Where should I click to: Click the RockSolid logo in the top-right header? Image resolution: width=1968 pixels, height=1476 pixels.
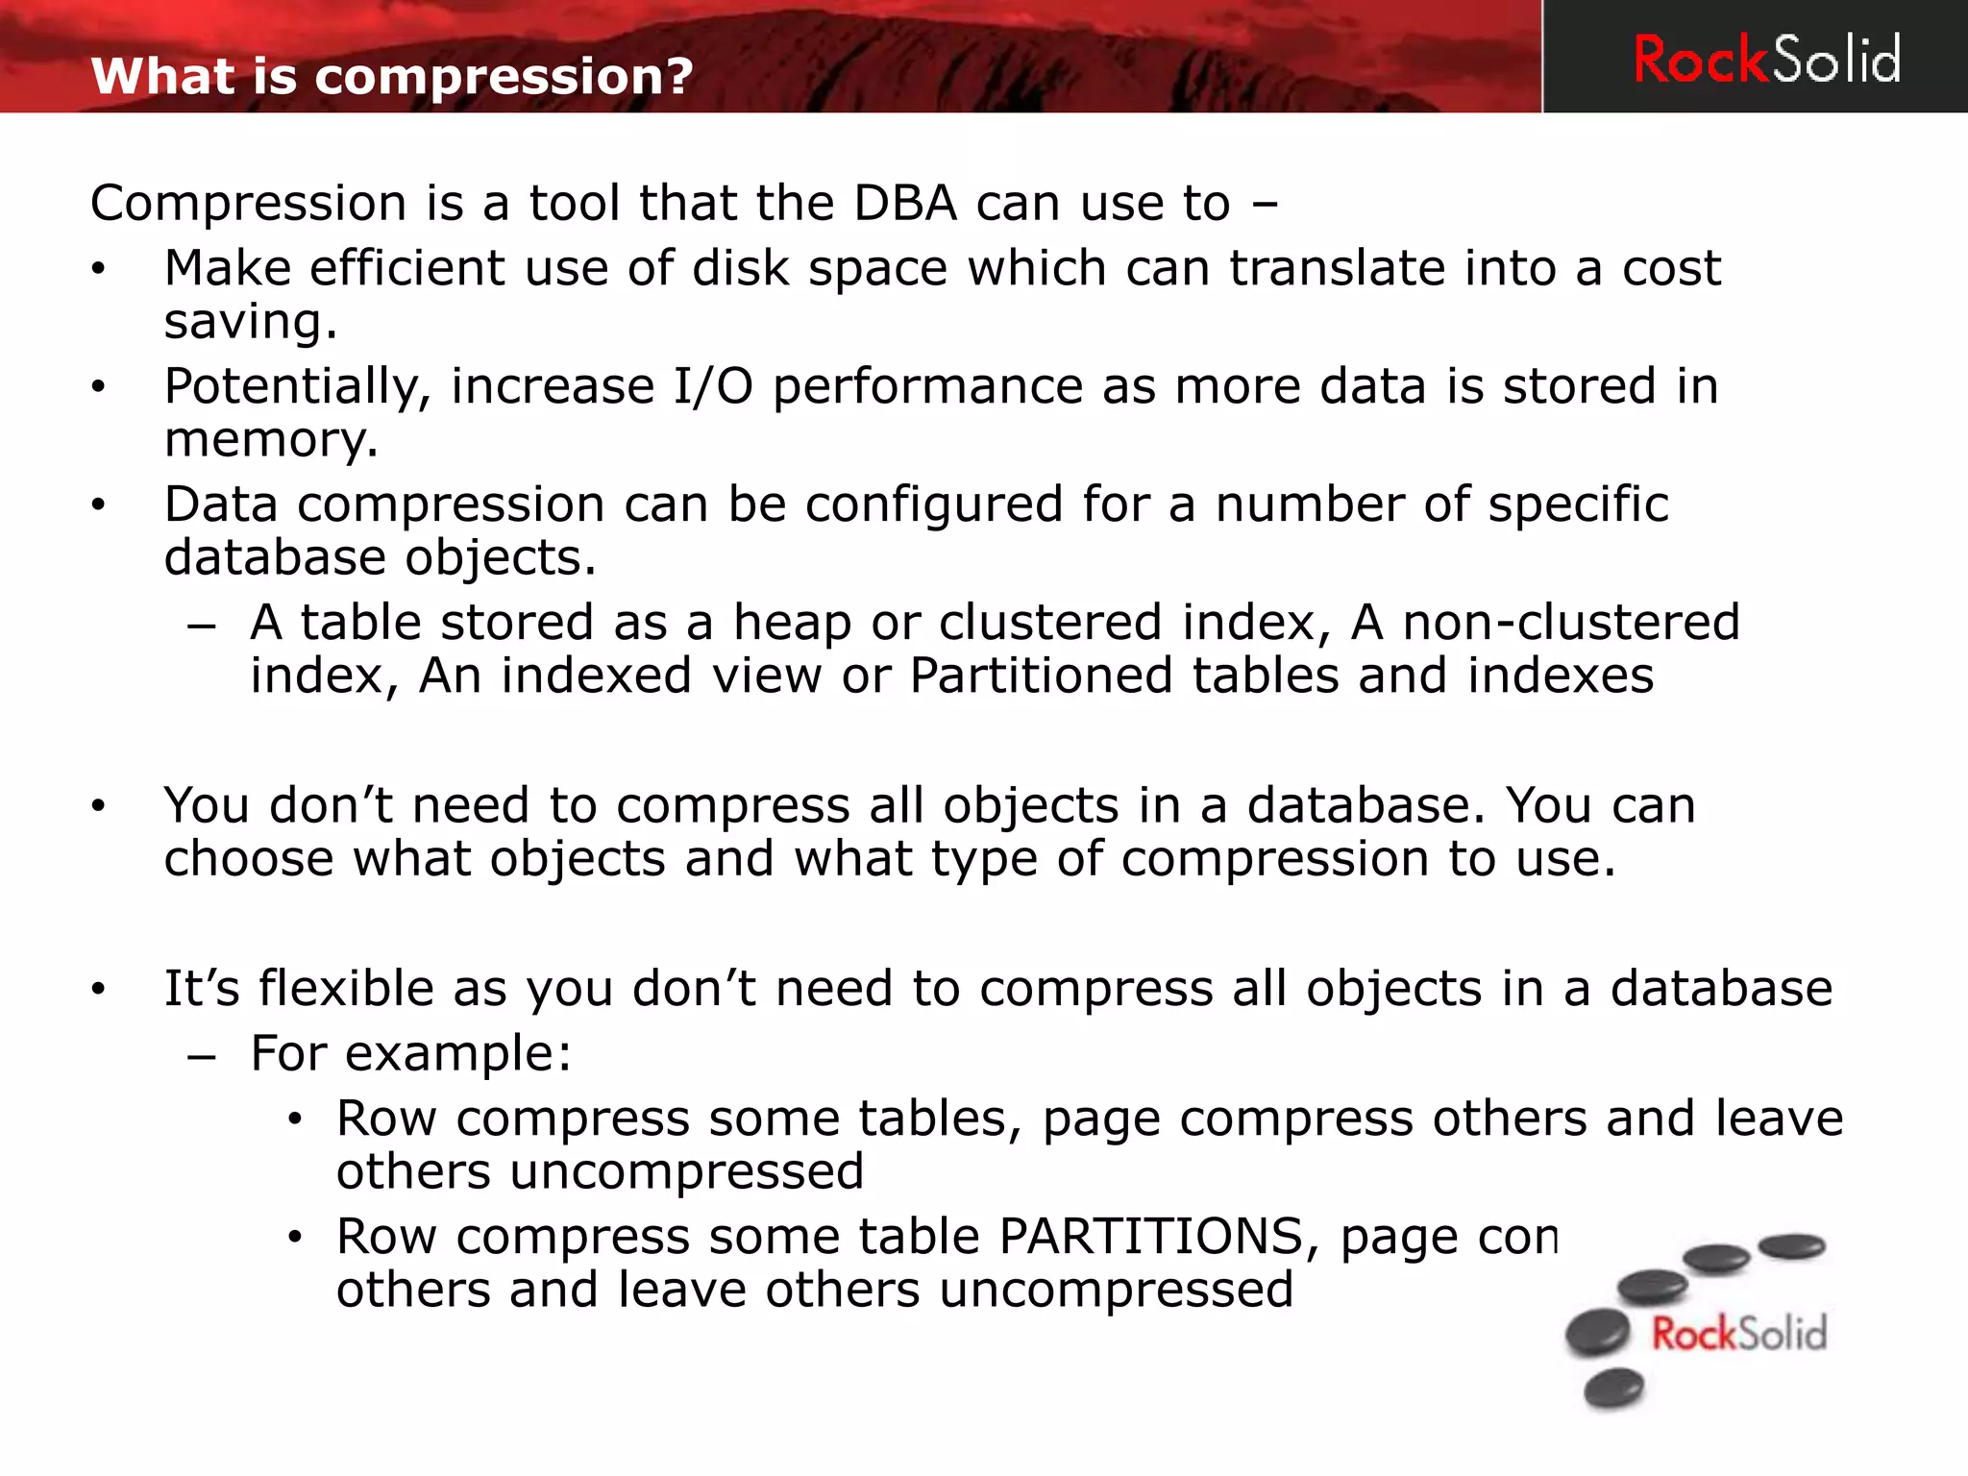click(1766, 60)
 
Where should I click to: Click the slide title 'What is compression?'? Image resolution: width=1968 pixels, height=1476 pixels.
click(392, 76)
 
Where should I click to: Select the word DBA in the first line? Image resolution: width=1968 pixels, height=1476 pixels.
click(905, 204)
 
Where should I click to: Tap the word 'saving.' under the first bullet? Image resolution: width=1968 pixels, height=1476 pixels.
click(251, 322)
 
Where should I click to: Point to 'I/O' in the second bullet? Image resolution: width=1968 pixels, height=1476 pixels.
click(713, 386)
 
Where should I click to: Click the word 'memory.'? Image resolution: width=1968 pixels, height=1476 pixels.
click(271, 440)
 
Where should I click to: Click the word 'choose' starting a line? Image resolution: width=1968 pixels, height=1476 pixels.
click(249, 858)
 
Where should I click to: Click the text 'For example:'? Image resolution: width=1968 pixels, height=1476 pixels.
click(410, 1053)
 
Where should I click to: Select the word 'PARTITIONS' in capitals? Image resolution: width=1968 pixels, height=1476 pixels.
click(1150, 1237)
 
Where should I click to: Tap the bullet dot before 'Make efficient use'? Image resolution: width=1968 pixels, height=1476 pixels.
click(98, 269)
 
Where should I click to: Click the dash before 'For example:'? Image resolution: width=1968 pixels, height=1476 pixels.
click(202, 1056)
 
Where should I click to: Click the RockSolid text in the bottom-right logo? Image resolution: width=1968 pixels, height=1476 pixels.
click(1738, 1334)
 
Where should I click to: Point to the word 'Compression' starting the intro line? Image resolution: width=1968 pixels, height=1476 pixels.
click(248, 204)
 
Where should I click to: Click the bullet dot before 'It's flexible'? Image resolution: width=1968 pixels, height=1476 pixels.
click(98, 989)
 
